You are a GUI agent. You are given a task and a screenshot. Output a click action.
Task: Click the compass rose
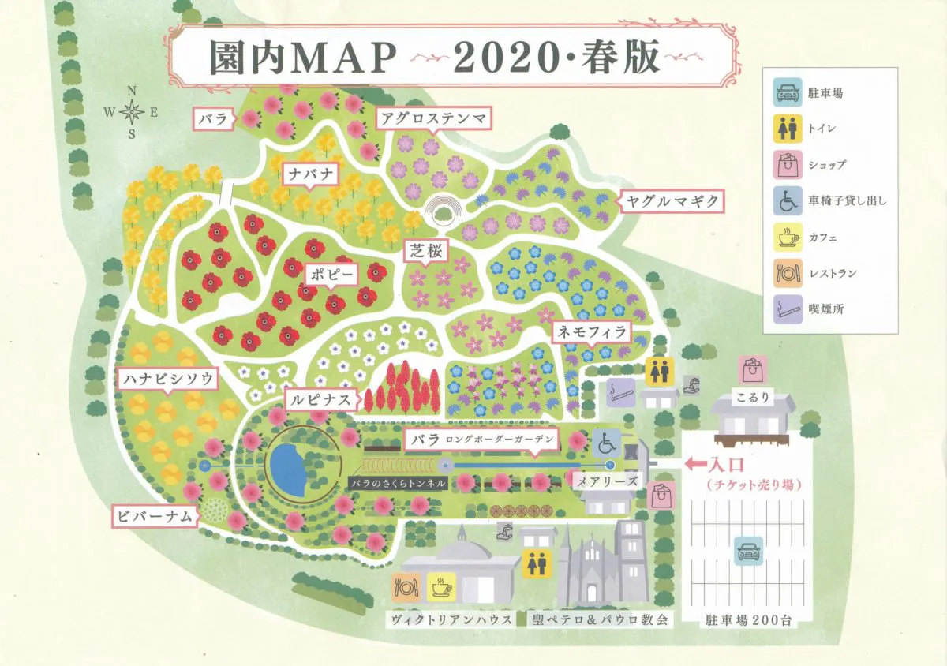coord(132,112)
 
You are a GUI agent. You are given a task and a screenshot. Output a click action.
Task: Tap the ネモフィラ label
coord(592,332)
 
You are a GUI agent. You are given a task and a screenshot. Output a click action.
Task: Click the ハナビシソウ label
coord(168,380)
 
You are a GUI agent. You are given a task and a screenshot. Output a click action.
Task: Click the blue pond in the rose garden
coord(287,469)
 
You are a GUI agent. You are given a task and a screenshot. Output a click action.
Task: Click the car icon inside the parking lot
coord(747,551)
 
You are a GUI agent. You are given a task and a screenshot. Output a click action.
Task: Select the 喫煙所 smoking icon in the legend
coord(784,308)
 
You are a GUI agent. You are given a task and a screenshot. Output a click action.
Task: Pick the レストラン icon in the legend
coord(784,272)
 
